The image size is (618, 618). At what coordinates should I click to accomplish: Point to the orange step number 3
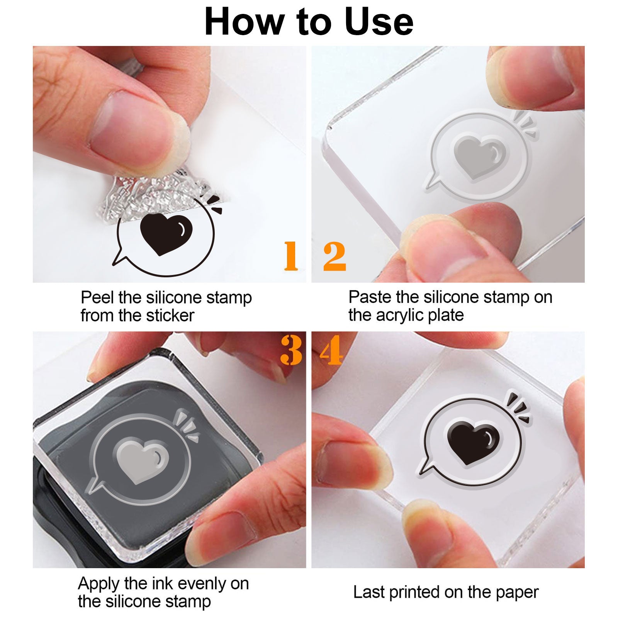(x=291, y=350)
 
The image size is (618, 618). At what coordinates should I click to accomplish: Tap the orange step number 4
(x=331, y=350)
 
